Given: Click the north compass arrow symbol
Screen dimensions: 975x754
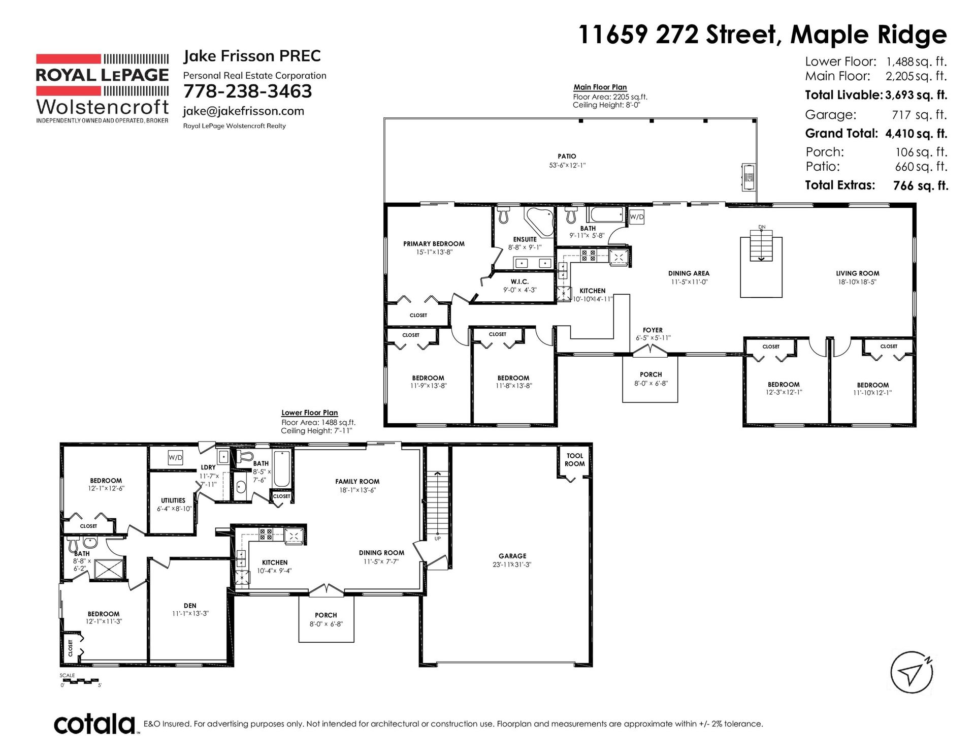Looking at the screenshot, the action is click(x=912, y=672).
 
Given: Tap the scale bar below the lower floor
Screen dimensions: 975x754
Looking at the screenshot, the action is click(x=80, y=681).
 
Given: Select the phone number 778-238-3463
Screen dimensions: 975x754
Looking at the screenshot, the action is click(x=247, y=91).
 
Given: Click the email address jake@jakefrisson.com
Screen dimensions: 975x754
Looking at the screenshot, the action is click(x=244, y=111).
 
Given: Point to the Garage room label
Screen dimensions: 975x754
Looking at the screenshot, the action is click(x=512, y=556).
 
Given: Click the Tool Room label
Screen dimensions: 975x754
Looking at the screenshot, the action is click(x=575, y=460).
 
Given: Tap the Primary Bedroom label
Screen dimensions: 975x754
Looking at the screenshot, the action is click(x=434, y=244).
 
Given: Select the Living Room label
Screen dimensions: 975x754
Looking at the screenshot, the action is click(x=858, y=273).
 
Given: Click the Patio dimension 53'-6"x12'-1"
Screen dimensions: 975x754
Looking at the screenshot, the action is click(x=567, y=165).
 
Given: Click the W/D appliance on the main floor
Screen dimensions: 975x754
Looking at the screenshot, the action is click(x=637, y=217).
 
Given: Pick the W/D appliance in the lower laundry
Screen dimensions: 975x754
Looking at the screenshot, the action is click(x=175, y=458).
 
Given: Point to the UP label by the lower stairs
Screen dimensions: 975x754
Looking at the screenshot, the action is click(x=437, y=539).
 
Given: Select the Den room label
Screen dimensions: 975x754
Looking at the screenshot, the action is click(x=190, y=606).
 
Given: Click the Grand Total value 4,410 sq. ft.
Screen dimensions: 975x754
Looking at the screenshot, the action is click(x=917, y=134).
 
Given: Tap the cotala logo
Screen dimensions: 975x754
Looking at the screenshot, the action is click(x=95, y=724).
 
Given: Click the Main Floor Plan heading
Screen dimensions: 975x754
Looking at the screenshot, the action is click(x=600, y=87).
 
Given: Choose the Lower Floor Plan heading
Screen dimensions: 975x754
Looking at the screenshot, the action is click(x=310, y=413).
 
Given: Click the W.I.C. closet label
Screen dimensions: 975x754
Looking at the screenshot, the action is click(x=519, y=281).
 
